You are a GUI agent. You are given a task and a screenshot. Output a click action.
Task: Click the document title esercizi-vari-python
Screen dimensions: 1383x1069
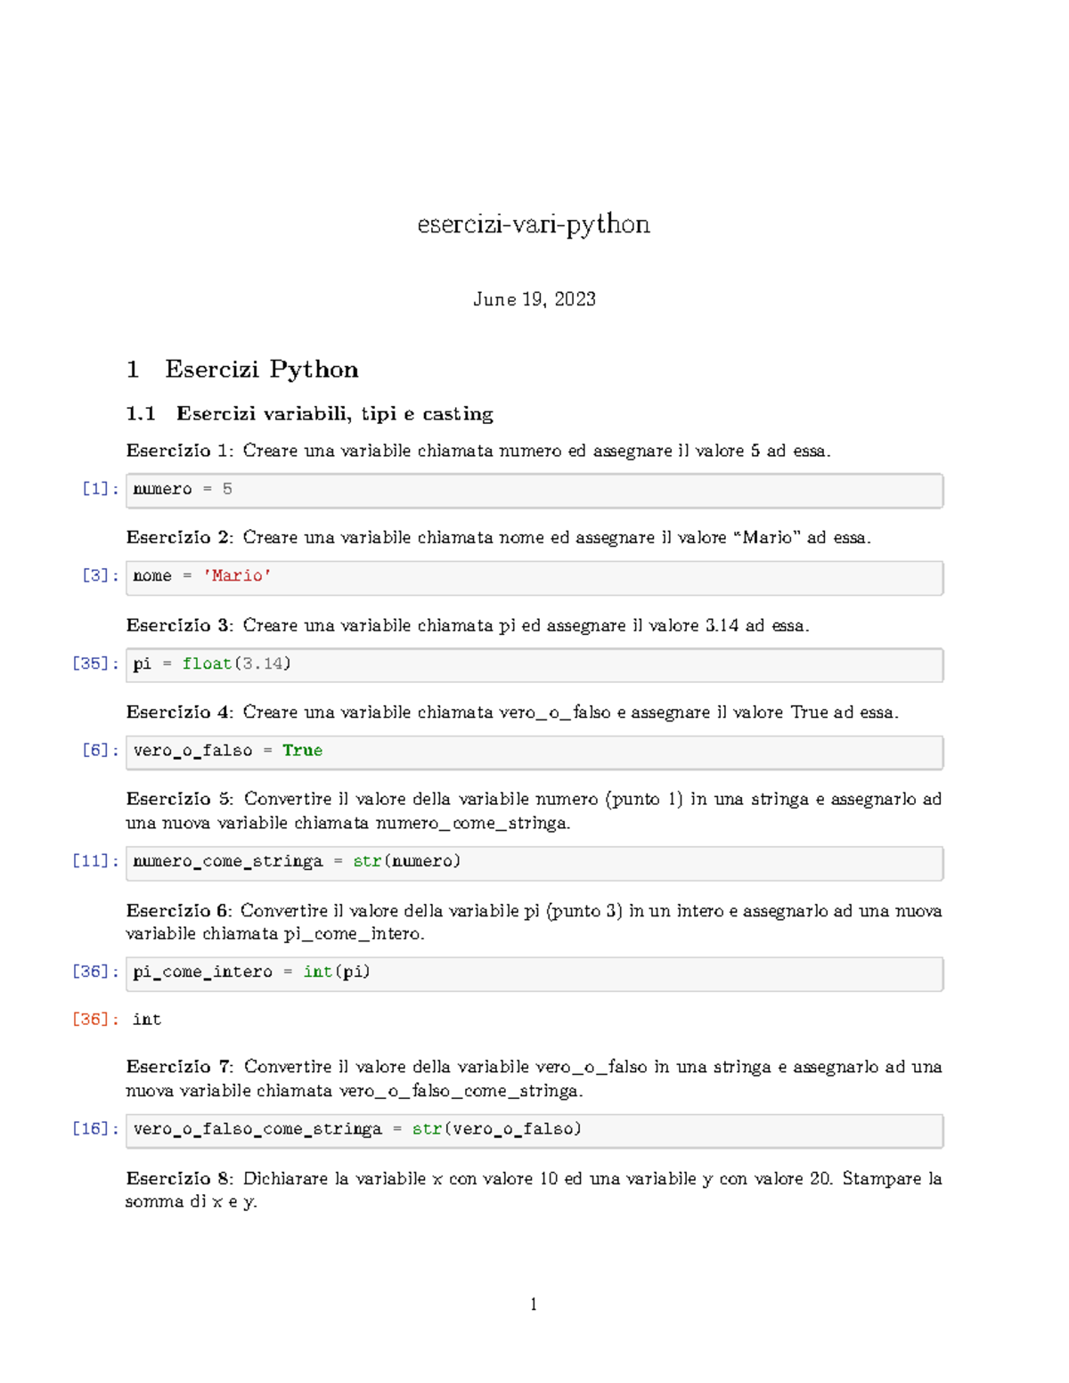click(x=534, y=224)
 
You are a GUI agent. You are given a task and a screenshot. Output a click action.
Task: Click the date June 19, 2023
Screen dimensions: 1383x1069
click(x=534, y=299)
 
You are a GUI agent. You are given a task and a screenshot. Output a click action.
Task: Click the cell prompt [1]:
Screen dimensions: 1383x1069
click(x=100, y=489)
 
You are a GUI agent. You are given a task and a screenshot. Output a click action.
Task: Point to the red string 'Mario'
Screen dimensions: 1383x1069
click(x=237, y=576)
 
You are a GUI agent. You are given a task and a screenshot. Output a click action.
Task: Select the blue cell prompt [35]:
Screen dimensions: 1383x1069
click(x=94, y=663)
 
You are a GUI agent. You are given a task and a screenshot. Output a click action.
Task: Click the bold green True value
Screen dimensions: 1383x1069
click(x=302, y=751)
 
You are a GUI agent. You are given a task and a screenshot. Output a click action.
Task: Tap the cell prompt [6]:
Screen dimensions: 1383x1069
click(x=100, y=751)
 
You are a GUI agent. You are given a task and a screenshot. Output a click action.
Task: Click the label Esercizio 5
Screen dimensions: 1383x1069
click(x=178, y=799)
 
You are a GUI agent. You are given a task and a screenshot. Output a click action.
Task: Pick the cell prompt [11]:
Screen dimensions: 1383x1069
click(x=94, y=861)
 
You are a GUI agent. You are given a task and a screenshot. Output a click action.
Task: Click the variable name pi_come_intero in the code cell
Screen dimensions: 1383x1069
click(x=202, y=972)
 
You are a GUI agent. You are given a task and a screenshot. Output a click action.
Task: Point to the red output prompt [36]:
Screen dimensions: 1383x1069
click(x=94, y=1020)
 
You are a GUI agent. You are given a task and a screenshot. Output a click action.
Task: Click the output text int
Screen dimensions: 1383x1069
click(x=147, y=1020)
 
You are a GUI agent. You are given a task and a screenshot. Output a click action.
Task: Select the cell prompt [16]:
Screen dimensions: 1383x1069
click(x=94, y=1129)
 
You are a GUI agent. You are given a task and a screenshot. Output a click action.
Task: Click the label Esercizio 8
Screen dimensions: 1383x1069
click(x=178, y=1179)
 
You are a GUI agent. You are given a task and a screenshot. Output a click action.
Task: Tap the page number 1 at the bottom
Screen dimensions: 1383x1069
click(x=534, y=1305)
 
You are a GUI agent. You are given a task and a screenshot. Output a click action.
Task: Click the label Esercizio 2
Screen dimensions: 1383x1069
click(x=178, y=538)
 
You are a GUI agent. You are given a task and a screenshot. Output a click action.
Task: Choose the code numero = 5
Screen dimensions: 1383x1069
click(x=182, y=489)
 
